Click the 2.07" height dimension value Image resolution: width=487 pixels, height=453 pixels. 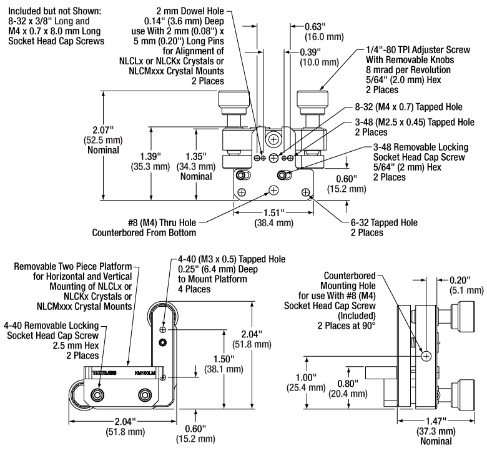coord(103,130)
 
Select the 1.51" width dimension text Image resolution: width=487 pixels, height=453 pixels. coord(273,213)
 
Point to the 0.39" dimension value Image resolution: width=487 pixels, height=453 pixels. coord(310,52)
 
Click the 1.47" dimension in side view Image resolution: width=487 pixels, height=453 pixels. coord(436,421)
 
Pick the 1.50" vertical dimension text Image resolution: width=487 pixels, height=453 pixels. coord(224,359)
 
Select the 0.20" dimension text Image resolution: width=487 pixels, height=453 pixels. coord(460,280)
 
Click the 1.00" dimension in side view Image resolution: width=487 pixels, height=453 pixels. coord(305,377)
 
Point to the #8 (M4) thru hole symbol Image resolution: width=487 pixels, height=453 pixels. coord(273,190)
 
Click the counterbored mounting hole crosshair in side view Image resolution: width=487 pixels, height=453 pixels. coord(426,356)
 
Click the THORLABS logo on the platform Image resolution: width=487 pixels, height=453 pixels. coord(104,373)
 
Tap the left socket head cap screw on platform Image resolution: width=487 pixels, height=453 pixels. coord(97,395)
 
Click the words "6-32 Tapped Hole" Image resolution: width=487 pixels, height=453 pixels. coord(384,222)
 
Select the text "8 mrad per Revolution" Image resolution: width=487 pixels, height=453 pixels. coord(408,69)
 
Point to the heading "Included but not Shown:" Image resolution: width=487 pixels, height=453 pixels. coord(55,11)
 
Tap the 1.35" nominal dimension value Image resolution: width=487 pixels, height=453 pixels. coord(196,156)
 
